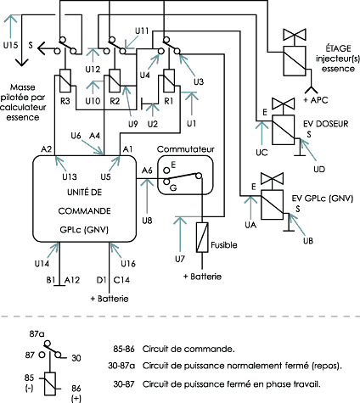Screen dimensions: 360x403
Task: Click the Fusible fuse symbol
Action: (202, 237)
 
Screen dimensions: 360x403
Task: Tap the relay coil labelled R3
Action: (65, 81)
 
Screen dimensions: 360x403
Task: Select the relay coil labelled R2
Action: (115, 81)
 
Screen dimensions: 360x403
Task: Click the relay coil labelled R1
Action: (169, 81)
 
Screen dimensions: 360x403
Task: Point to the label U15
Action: (10, 45)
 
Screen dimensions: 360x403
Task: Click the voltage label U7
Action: (180, 259)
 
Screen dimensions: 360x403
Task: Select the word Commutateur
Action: (186, 149)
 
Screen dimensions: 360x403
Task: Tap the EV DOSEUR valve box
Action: (284, 130)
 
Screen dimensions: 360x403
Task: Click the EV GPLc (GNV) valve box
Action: (272, 204)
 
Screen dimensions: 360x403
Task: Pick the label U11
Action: (142, 31)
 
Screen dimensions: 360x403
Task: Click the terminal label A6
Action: (147, 171)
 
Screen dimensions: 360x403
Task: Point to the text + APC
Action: (316, 100)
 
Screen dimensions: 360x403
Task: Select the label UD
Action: (319, 169)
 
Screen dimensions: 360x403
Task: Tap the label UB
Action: (308, 241)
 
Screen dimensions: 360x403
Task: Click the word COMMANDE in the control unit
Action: (84, 211)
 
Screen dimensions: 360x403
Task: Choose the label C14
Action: (121, 280)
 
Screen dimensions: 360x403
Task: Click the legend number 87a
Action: (37, 334)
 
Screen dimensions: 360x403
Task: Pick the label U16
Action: (128, 264)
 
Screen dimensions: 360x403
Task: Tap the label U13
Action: (70, 176)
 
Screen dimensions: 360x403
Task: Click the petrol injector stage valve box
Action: (295, 61)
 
